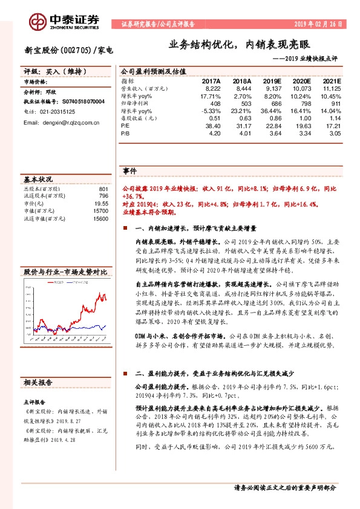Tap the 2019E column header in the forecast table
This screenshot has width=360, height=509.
[x=272, y=80]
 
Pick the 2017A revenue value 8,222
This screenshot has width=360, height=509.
[x=211, y=88]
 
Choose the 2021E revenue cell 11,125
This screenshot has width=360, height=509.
[x=331, y=88]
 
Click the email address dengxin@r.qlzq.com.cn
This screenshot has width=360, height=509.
[x=61, y=123]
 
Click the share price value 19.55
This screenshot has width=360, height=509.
[x=100, y=204]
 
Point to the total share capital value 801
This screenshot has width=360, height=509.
[x=103, y=189]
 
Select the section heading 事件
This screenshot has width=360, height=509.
[x=129, y=170]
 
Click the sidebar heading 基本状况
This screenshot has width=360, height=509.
[x=38, y=180]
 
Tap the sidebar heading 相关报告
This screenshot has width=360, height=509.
[x=38, y=383]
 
